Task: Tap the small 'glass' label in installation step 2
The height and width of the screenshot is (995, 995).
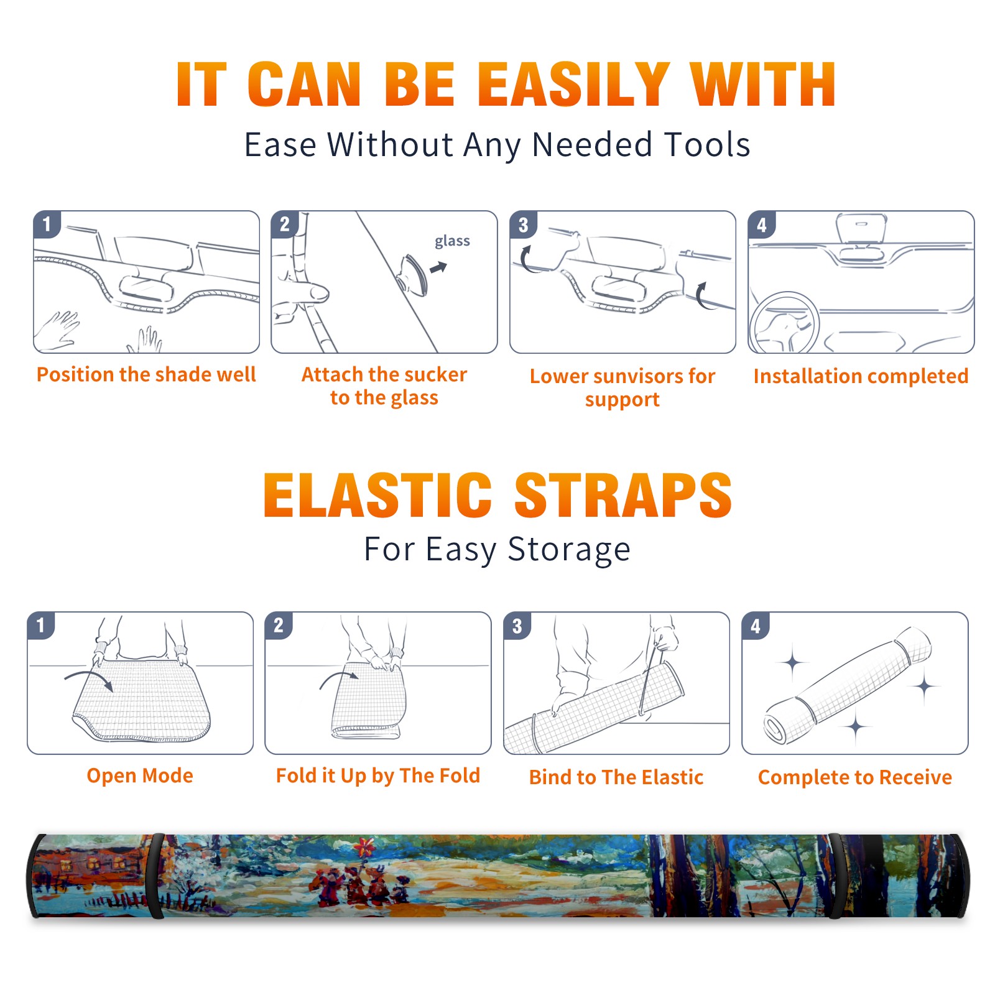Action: point(452,241)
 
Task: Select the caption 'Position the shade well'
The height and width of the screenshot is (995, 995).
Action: point(146,374)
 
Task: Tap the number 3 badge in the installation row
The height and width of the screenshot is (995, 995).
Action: point(524,224)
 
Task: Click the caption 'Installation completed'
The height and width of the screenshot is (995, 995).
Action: point(861,376)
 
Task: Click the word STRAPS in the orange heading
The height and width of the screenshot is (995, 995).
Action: point(623,495)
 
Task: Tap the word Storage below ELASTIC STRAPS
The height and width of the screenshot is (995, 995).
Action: point(569,550)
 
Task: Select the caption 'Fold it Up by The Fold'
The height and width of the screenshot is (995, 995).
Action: point(378,776)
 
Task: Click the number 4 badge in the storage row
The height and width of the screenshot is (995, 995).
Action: point(756,626)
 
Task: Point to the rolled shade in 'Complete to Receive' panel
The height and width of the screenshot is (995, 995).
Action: point(848,685)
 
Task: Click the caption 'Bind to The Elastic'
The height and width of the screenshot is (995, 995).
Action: point(616,777)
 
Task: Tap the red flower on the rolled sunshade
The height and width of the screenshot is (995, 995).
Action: point(365,847)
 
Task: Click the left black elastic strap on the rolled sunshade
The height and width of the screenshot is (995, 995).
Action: point(156,876)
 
